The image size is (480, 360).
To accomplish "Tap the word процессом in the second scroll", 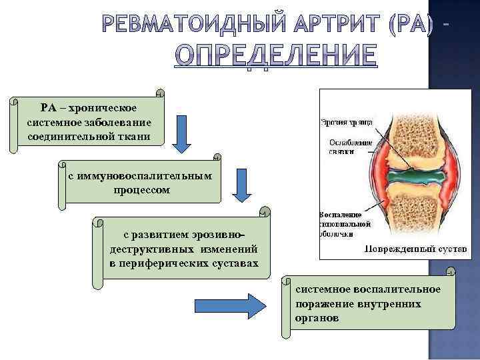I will coord(141,189).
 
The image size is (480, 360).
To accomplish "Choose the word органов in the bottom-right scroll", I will coord(316,319).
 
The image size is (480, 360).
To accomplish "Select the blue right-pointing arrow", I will coord(230,306).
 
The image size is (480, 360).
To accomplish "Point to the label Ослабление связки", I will coord(347,147).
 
